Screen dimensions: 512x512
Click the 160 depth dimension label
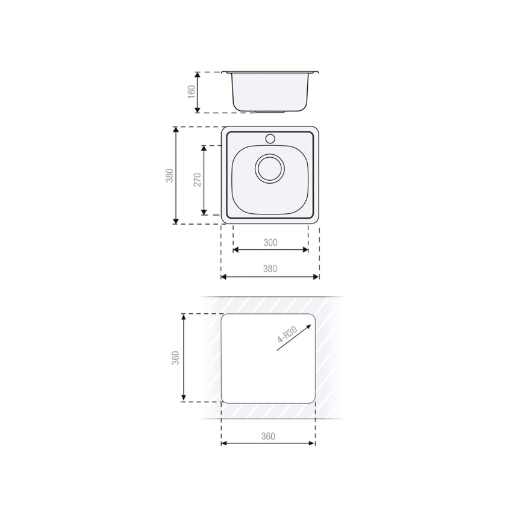point(192,92)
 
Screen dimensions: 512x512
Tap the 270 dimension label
point(198,180)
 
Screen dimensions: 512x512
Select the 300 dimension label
point(270,242)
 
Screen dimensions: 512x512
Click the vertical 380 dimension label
point(169,175)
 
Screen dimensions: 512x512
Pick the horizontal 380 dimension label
point(270,269)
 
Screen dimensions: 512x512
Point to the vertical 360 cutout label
point(176,358)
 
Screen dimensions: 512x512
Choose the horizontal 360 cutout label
point(268,436)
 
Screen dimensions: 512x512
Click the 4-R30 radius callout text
point(287,334)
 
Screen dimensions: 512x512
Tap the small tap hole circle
point(270,139)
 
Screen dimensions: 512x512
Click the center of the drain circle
point(270,169)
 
